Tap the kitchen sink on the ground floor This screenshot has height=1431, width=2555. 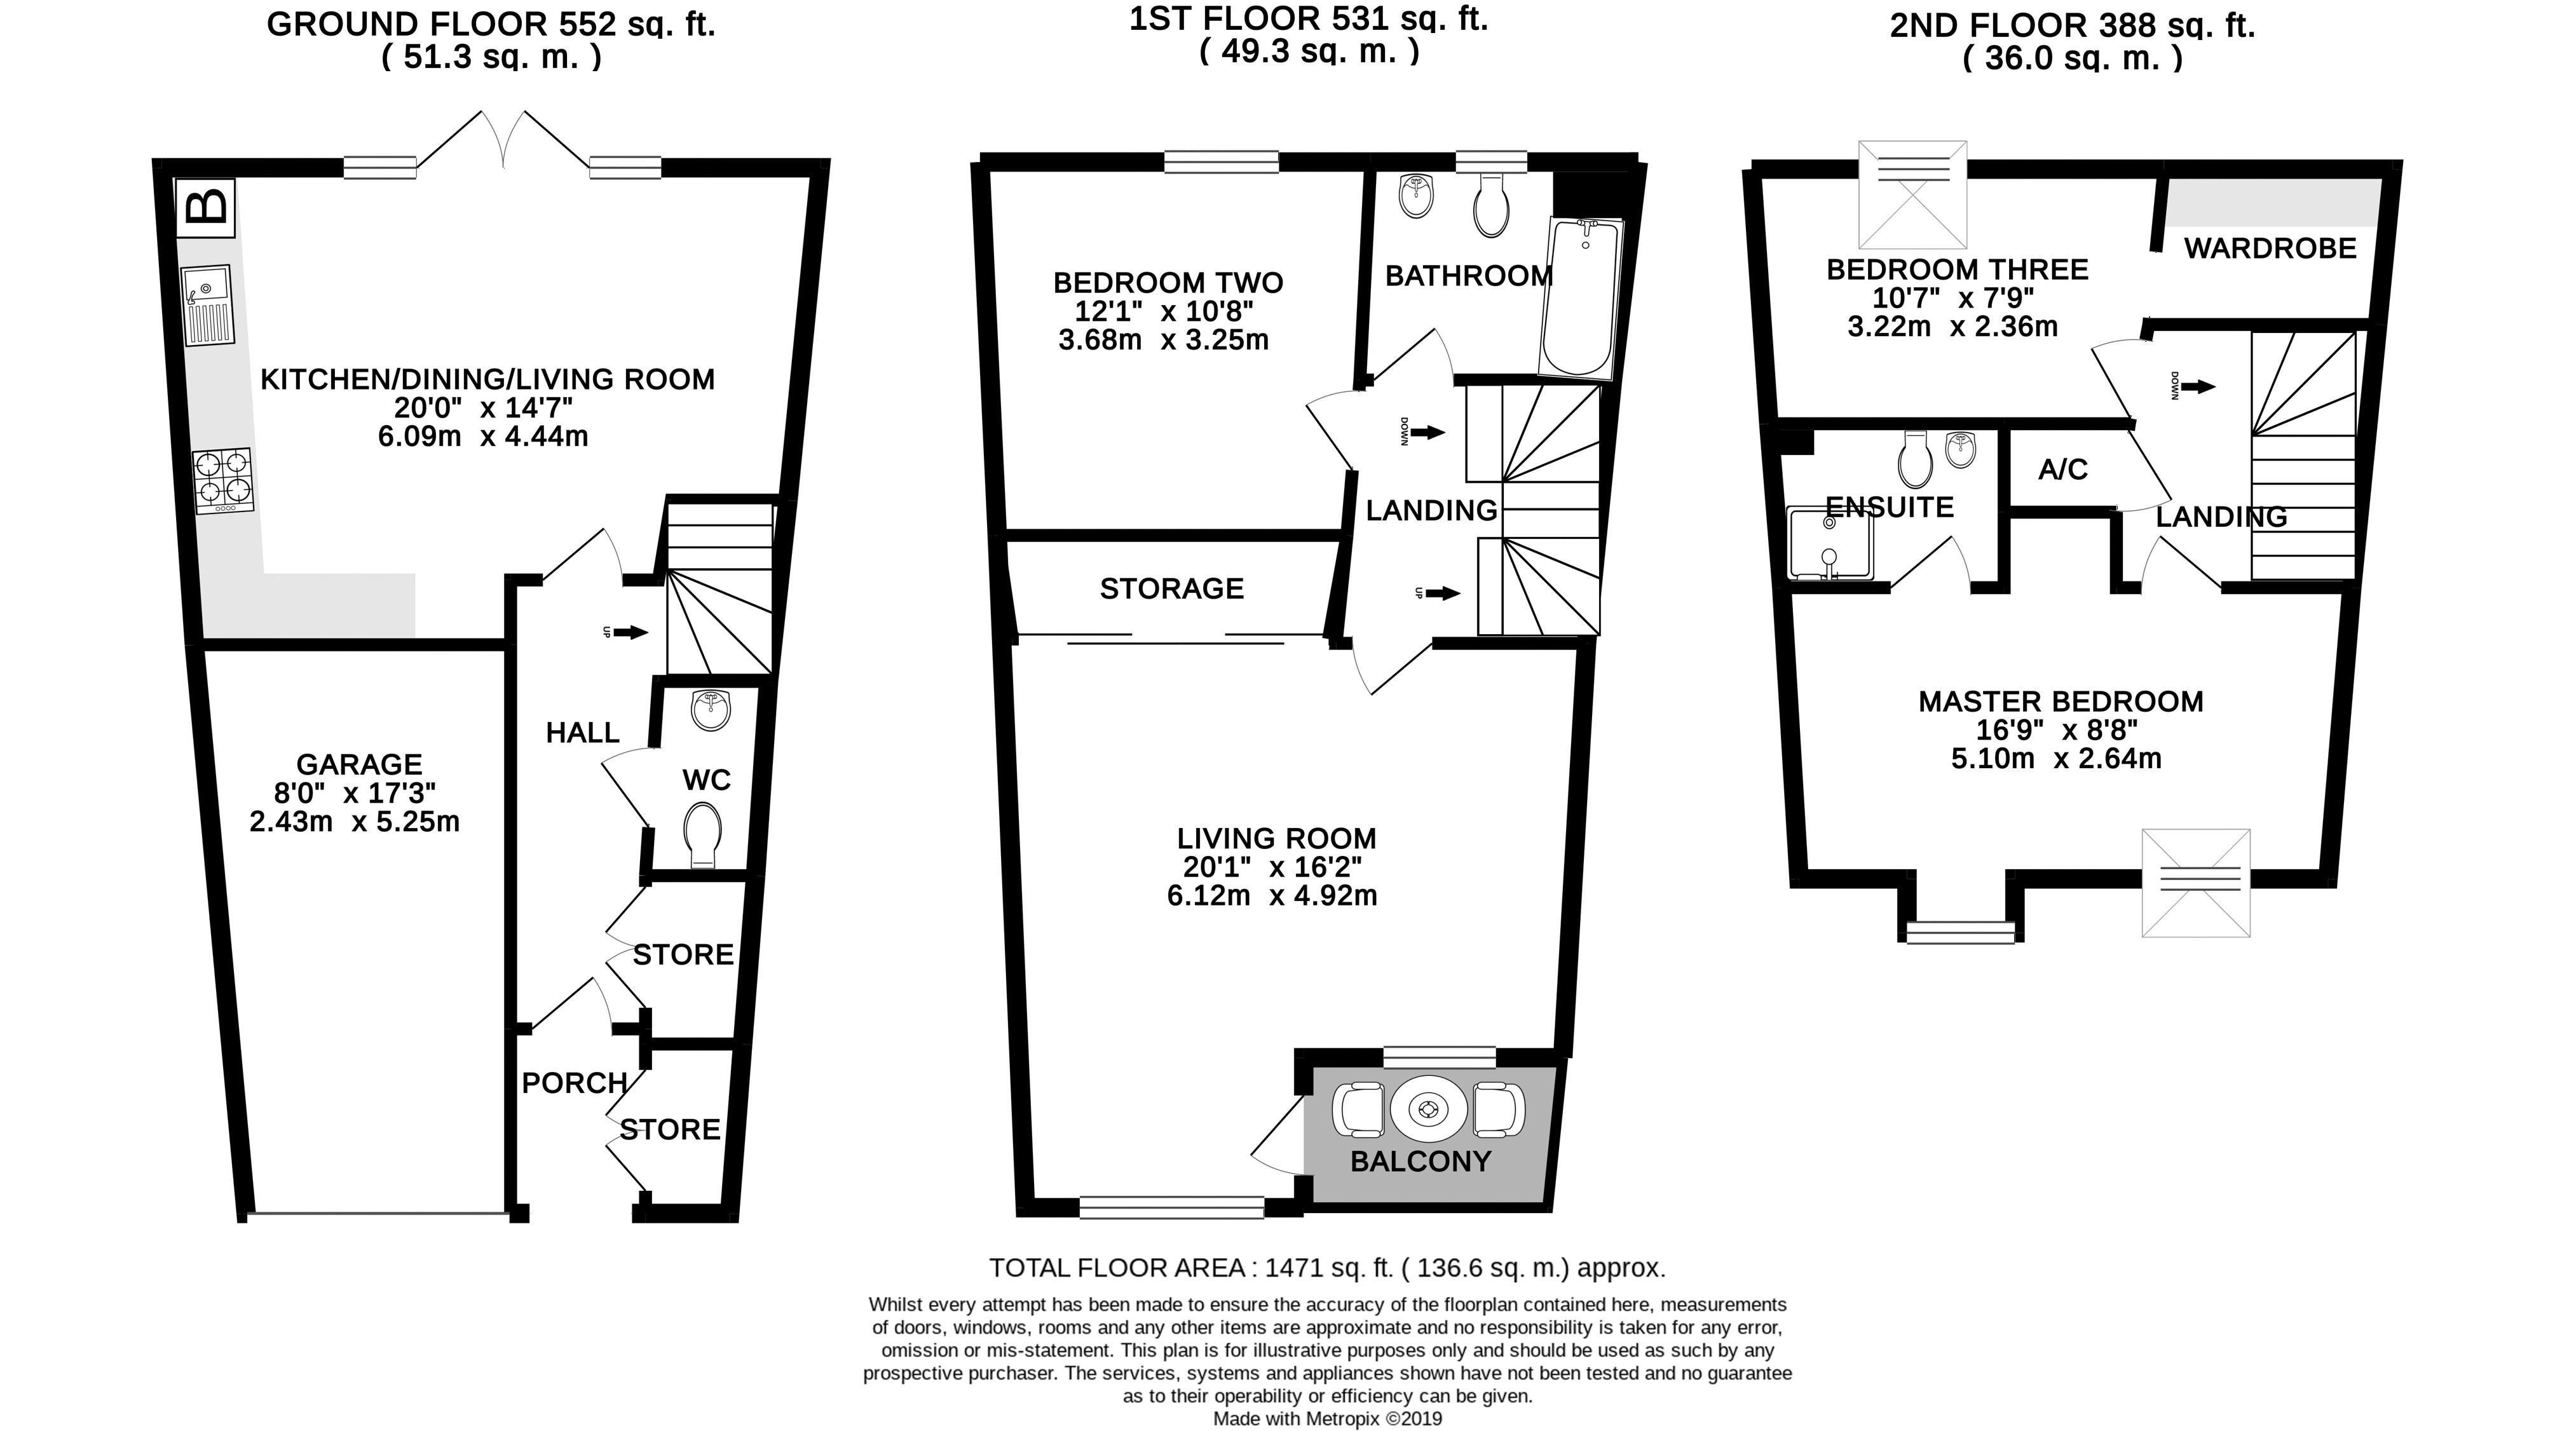(207, 304)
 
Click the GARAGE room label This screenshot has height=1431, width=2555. (359, 764)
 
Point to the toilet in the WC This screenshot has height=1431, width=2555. (702, 834)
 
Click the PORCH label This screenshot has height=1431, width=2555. (575, 1083)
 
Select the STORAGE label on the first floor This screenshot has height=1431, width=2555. (1171, 589)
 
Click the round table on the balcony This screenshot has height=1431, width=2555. (1429, 1109)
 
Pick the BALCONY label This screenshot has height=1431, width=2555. (1421, 1162)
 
